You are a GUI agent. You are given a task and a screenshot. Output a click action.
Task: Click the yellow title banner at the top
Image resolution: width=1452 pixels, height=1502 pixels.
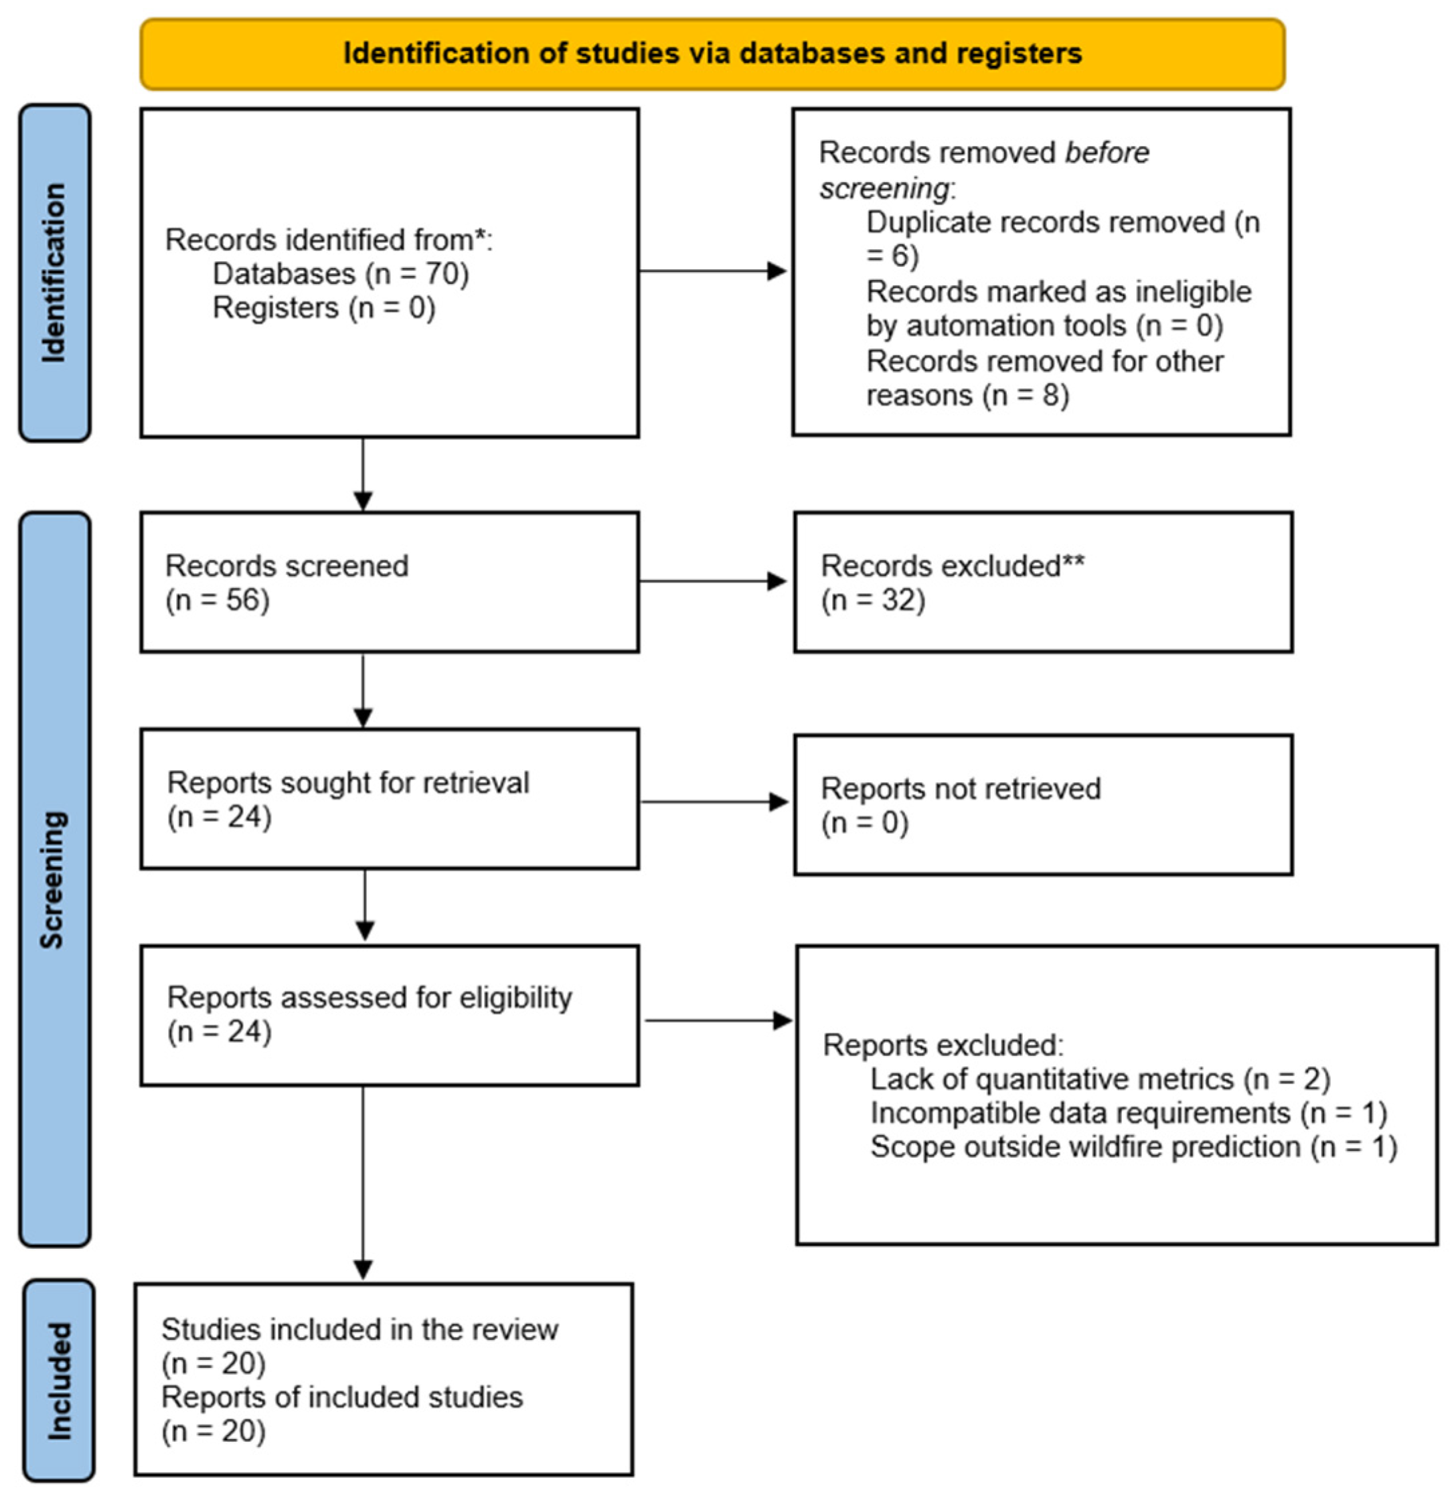point(712,54)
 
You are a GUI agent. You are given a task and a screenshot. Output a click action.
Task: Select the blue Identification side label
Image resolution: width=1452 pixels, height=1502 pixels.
point(54,273)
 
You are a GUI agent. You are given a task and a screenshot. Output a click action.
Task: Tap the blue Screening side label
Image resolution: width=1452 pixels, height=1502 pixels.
point(54,879)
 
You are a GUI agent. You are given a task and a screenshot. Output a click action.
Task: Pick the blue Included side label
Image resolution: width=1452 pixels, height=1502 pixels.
point(59,1380)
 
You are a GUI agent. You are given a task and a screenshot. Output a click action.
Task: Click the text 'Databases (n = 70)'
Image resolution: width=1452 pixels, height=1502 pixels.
point(340,274)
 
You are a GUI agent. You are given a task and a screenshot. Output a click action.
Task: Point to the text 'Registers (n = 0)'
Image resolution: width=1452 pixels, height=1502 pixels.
point(323,307)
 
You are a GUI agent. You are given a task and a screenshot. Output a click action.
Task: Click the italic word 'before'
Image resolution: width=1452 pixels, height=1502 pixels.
point(1107,153)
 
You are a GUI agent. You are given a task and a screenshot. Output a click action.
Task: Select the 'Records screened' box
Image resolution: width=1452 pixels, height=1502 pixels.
point(389,583)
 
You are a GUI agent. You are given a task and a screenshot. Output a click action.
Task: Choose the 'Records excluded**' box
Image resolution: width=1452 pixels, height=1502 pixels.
point(1043,583)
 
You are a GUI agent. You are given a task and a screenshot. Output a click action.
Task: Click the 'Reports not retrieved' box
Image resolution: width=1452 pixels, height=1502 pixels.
point(1043,805)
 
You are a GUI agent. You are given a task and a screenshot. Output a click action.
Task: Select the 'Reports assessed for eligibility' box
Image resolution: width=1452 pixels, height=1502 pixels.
point(389,1015)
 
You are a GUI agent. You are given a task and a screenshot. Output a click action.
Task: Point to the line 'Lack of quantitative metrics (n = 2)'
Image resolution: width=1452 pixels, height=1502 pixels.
point(1101,1079)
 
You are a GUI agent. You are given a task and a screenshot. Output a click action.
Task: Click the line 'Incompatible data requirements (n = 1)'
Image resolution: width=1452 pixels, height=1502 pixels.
point(1129,1113)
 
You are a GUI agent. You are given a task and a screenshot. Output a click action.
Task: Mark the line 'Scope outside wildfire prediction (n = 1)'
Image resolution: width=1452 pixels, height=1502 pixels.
point(1134,1146)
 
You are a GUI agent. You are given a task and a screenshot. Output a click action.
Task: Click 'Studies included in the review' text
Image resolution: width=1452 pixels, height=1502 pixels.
point(359,1330)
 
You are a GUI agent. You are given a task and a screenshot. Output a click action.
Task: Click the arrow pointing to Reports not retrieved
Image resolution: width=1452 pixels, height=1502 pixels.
point(714,802)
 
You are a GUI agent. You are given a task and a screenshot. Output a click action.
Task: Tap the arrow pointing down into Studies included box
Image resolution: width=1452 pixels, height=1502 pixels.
point(364,1183)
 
